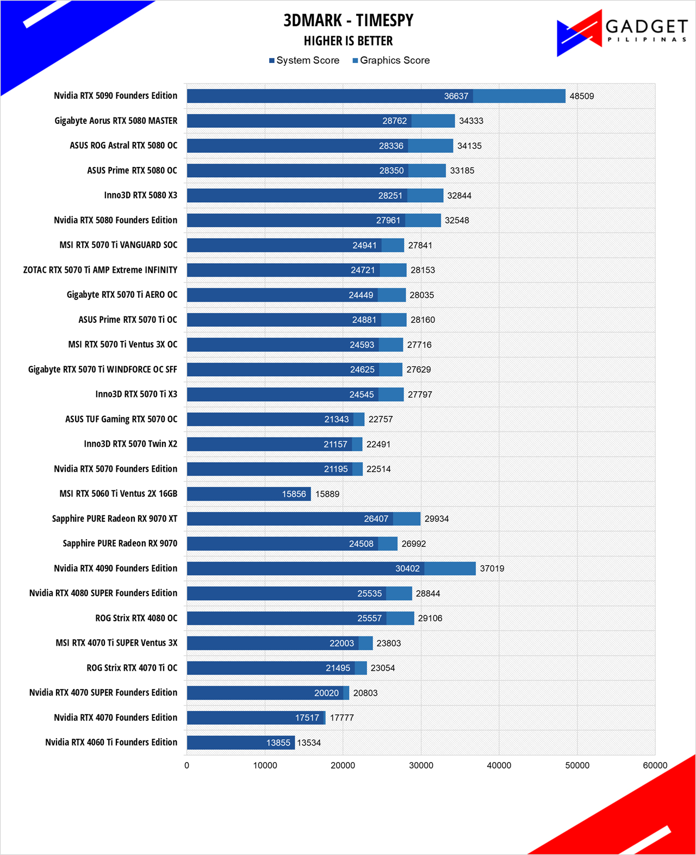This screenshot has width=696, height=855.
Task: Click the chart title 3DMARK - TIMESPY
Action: coord(348,21)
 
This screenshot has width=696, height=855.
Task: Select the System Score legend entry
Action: coord(304,60)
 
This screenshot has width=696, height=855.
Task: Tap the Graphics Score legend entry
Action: coord(391,60)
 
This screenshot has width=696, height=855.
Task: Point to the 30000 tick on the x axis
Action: coord(421,765)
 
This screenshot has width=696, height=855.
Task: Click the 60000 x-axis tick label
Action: coord(655,765)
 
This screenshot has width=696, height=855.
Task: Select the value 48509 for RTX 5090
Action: coord(581,96)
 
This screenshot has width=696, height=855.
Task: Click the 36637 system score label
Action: coord(456,96)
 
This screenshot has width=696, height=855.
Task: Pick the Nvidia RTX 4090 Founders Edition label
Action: coord(116,568)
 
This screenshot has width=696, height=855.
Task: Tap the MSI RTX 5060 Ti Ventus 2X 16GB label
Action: coord(119,494)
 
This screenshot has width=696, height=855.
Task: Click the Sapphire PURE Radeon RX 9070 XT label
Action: coord(115,518)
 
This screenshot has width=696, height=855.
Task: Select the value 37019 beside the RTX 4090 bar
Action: coord(492,569)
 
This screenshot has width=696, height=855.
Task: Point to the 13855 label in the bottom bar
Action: coord(278,742)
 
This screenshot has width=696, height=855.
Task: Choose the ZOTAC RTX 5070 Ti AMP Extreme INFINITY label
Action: coord(100,270)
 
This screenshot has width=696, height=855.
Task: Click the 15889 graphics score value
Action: coord(327,494)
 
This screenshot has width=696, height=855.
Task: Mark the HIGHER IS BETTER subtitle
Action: coord(348,41)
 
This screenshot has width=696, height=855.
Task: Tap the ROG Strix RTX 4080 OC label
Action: coord(136,618)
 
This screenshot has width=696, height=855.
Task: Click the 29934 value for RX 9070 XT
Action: coord(437,519)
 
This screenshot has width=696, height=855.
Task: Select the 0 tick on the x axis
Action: coord(187,765)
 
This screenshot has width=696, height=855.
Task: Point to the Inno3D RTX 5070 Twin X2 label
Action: coord(130,444)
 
